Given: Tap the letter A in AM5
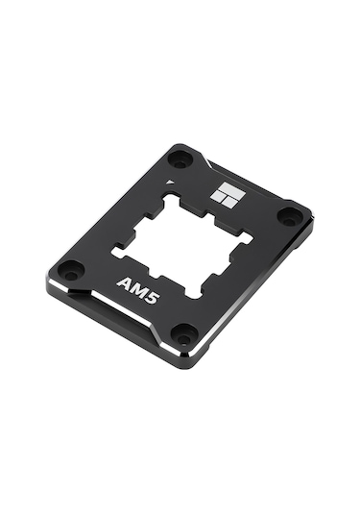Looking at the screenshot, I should tap(124, 281).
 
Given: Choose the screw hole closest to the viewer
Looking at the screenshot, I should tap(182, 332).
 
